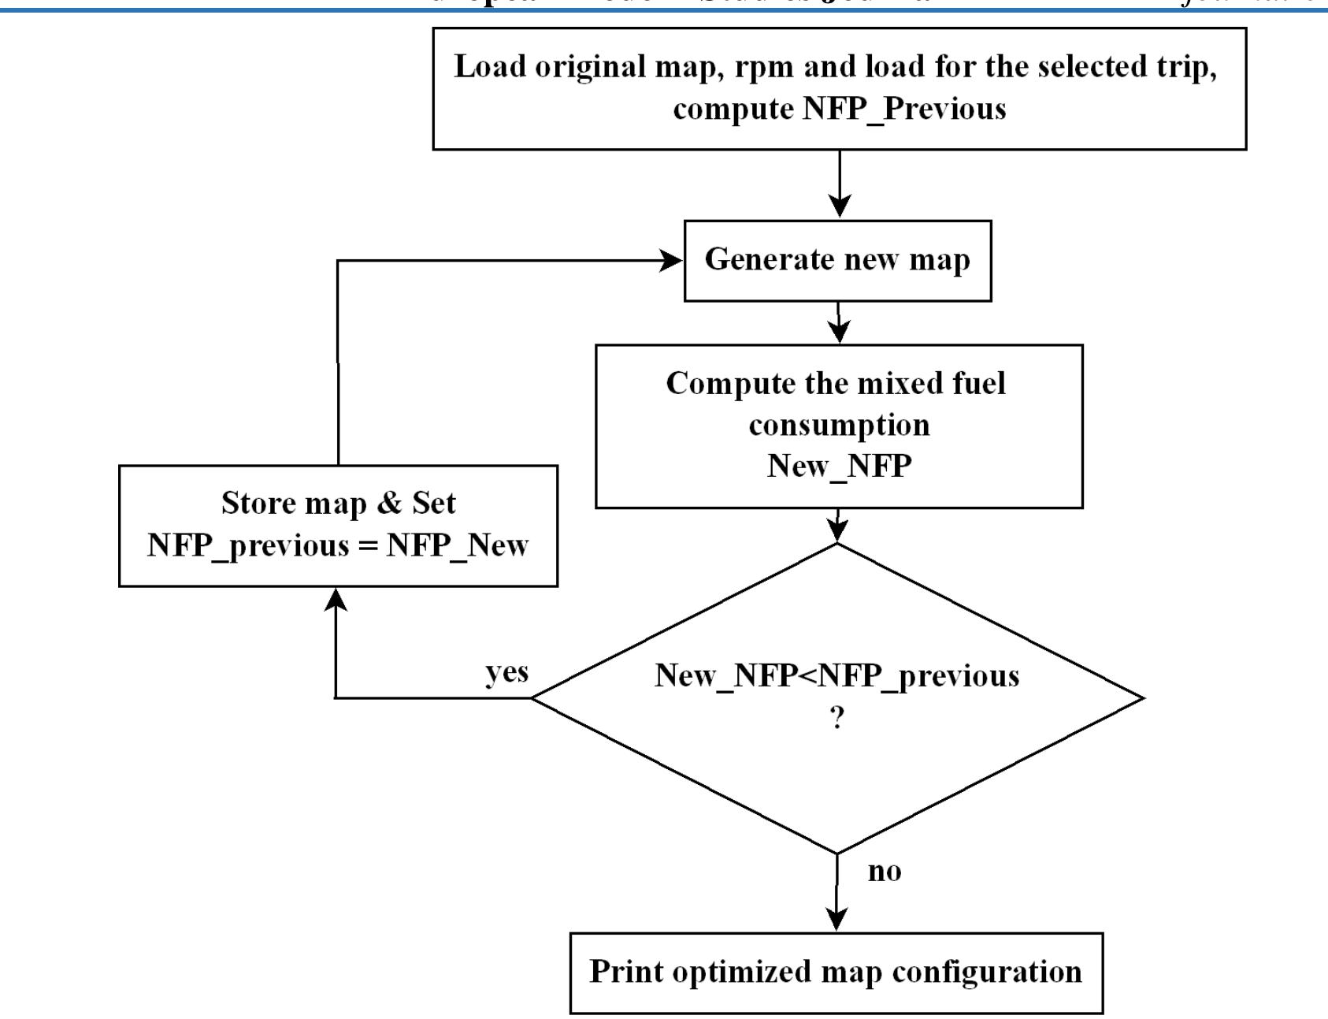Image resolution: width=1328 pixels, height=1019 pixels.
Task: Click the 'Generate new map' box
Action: pos(836,260)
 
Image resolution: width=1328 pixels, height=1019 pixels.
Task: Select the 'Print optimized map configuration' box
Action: pos(836,972)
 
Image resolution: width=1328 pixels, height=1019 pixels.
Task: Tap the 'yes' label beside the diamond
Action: pos(506,672)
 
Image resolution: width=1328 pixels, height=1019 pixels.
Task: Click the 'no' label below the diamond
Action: pos(884,872)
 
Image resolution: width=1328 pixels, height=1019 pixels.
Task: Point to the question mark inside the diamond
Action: pos(837,718)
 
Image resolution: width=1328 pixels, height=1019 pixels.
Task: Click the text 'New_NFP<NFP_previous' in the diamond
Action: pos(836,676)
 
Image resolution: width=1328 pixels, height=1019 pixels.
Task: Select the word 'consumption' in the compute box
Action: pos(839,425)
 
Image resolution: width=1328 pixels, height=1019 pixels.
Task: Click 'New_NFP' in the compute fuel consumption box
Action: pos(839,466)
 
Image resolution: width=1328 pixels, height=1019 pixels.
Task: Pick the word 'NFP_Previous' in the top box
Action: pos(904,108)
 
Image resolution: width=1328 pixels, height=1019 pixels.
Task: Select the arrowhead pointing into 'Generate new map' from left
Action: pos(671,261)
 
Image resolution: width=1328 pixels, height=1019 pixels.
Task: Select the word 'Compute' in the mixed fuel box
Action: pos(718,384)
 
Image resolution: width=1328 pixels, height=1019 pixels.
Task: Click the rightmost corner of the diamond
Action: pos(1141,697)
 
